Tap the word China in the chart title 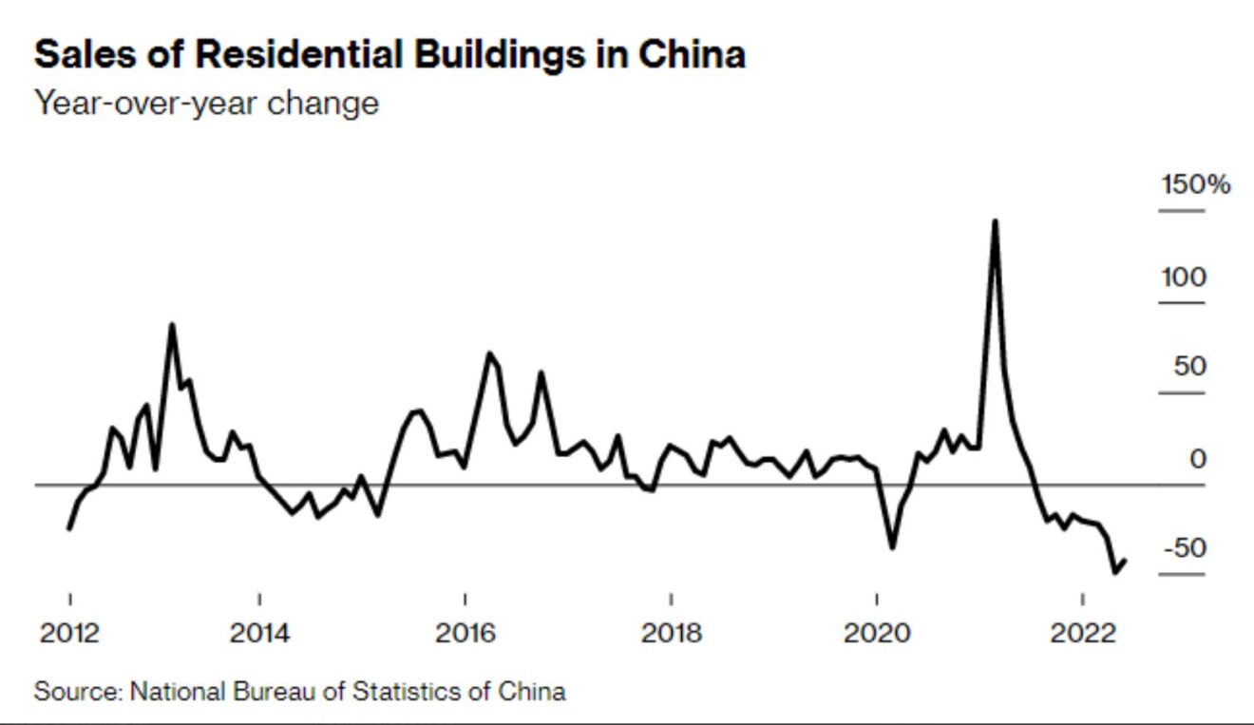point(691,55)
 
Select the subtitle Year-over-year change point(206,102)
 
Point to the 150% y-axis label point(1195,184)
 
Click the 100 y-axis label point(1182,277)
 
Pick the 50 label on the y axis point(1188,367)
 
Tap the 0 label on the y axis point(1198,459)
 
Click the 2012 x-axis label point(69,632)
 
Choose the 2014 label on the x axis point(259,632)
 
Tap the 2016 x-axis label point(465,632)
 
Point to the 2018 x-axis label point(671,632)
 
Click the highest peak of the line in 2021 point(994,221)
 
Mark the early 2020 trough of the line point(892,547)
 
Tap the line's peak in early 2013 point(171,325)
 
